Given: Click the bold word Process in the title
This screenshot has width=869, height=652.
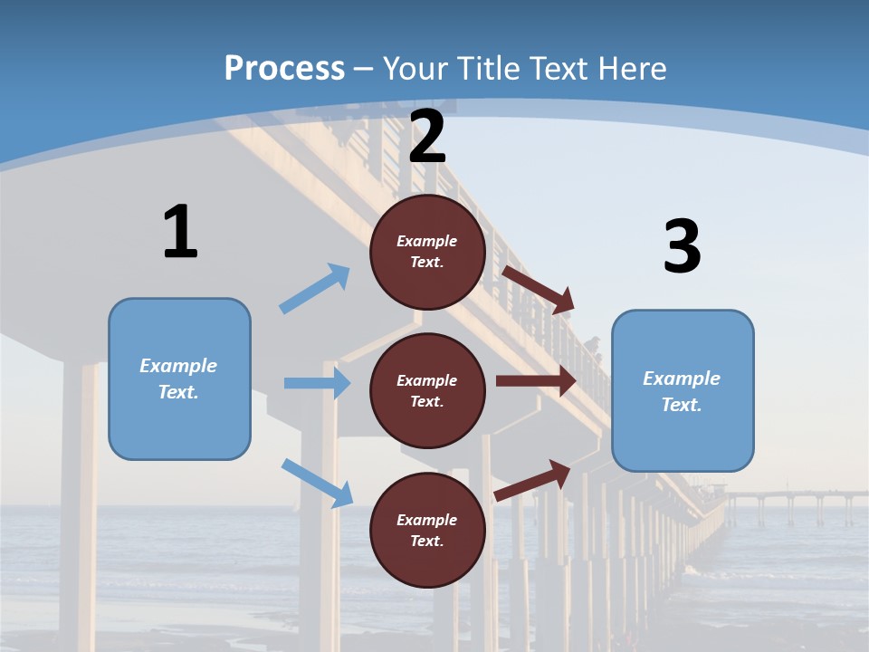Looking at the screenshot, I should click(x=284, y=68).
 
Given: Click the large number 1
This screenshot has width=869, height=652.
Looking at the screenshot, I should click(x=180, y=232).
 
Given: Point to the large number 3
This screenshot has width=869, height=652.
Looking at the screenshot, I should click(x=682, y=246).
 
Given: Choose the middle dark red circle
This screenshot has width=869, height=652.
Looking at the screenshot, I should click(x=427, y=390).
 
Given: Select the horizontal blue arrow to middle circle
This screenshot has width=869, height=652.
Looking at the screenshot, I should click(x=317, y=383).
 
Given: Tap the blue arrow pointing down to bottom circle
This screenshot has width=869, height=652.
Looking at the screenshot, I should click(x=317, y=482).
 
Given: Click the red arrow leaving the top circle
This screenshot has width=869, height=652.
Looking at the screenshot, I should click(x=539, y=289).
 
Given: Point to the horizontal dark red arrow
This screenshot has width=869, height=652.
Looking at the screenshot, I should click(x=536, y=380).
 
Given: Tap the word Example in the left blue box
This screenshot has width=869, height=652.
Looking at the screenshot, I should click(x=178, y=366).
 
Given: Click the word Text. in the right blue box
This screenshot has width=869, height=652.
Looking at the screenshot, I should click(x=682, y=405).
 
